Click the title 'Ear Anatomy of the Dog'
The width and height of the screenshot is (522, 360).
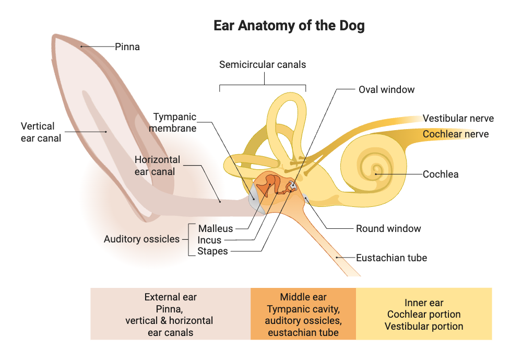pos(289,26)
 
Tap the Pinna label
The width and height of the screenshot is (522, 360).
pos(127,47)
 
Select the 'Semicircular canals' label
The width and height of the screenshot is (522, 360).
pos(263,65)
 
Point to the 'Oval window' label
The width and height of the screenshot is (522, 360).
pos(386,89)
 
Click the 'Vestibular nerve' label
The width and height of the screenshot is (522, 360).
pos(458,119)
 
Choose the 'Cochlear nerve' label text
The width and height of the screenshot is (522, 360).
pos(456,134)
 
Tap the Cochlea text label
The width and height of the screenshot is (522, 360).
pos(441,174)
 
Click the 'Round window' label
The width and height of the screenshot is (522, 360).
pos(388,228)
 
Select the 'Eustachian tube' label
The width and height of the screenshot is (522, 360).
pos(391,258)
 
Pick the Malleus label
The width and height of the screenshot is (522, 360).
pos(216,228)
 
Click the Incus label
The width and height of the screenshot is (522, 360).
pos(209,240)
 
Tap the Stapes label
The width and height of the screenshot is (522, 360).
pos(212,251)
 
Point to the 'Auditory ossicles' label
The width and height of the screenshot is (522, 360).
pos(141,239)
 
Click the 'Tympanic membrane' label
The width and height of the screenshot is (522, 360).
pos(175,122)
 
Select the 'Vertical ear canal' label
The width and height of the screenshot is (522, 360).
pos(41,132)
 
